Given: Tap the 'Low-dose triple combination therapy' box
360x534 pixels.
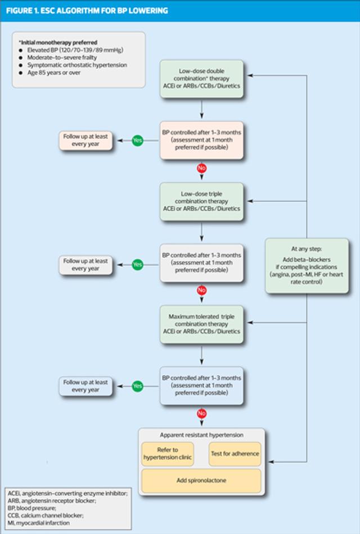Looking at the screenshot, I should [201, 201].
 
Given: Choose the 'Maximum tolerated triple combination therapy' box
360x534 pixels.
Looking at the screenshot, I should [201, 324].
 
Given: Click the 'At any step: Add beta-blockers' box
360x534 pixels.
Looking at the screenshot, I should [307, 265].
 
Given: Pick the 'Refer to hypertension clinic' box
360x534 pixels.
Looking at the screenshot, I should [168, 454].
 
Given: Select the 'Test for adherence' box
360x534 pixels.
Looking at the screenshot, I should [235, 454].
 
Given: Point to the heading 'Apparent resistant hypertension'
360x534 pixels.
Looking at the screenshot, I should [201, 436].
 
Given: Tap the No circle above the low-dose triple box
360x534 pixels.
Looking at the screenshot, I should [201, 168].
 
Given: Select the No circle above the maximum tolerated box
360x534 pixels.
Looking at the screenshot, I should [201, 291].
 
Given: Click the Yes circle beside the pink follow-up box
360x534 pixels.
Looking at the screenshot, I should [137, 141].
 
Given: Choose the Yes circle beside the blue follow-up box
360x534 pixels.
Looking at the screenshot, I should [137, 386].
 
